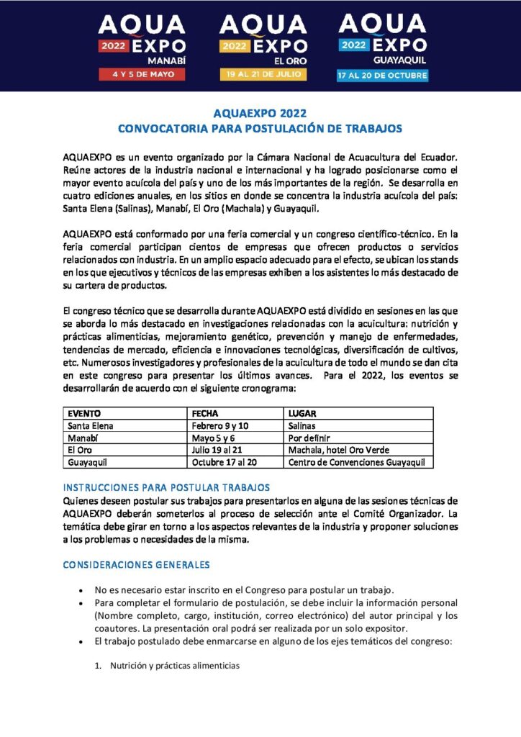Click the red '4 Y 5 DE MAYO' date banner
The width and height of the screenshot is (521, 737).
[x=142, y=74]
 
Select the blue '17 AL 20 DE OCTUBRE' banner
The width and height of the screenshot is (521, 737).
[x=382, y=75]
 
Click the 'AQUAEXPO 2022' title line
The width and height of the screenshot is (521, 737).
[x=260, y=114]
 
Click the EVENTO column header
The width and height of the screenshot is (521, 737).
[x=84, y=414]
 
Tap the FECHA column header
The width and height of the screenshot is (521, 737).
[x=205, y=414]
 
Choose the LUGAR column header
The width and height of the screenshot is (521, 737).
[x=302, y=414]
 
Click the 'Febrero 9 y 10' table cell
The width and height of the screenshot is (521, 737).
[x=219, y=426]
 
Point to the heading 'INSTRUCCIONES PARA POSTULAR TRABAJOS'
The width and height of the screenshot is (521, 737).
[x=166, y=487]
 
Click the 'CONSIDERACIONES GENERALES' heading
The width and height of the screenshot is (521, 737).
[x=136, y=564]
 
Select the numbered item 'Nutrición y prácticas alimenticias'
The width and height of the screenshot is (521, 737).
[x=174, y=666]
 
